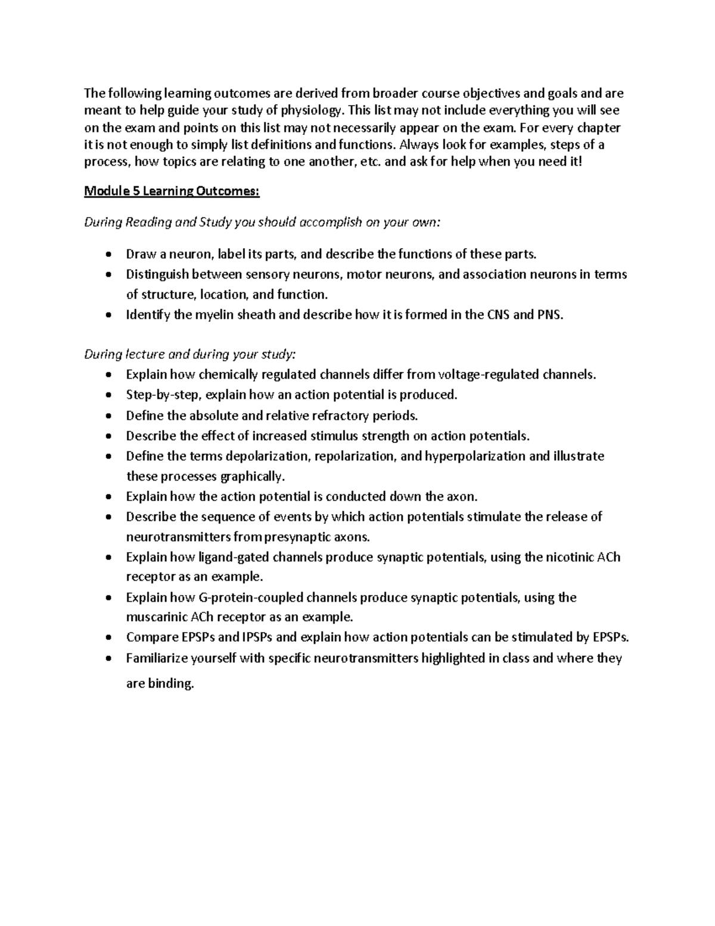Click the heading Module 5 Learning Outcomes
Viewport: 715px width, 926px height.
click(172, 191)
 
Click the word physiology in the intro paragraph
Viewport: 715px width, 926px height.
click(311, 110)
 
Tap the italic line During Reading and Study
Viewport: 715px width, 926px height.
click(262, 222)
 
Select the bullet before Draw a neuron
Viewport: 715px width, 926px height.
click(107, 255)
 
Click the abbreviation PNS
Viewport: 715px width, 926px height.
click(549, 315)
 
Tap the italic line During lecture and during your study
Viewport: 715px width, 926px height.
click(189, 354)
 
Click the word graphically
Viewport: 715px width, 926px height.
click(253, 476)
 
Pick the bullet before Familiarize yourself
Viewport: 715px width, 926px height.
click(107, 659)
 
